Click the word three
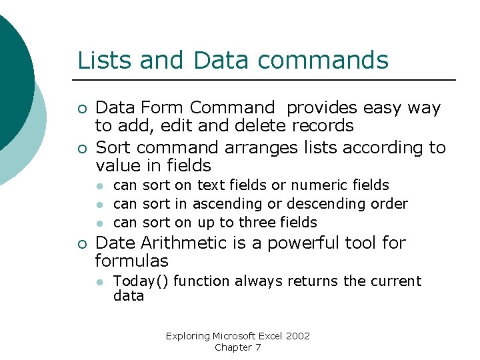point(257,222)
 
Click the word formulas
point(132,261)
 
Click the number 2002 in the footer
point(298,336)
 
